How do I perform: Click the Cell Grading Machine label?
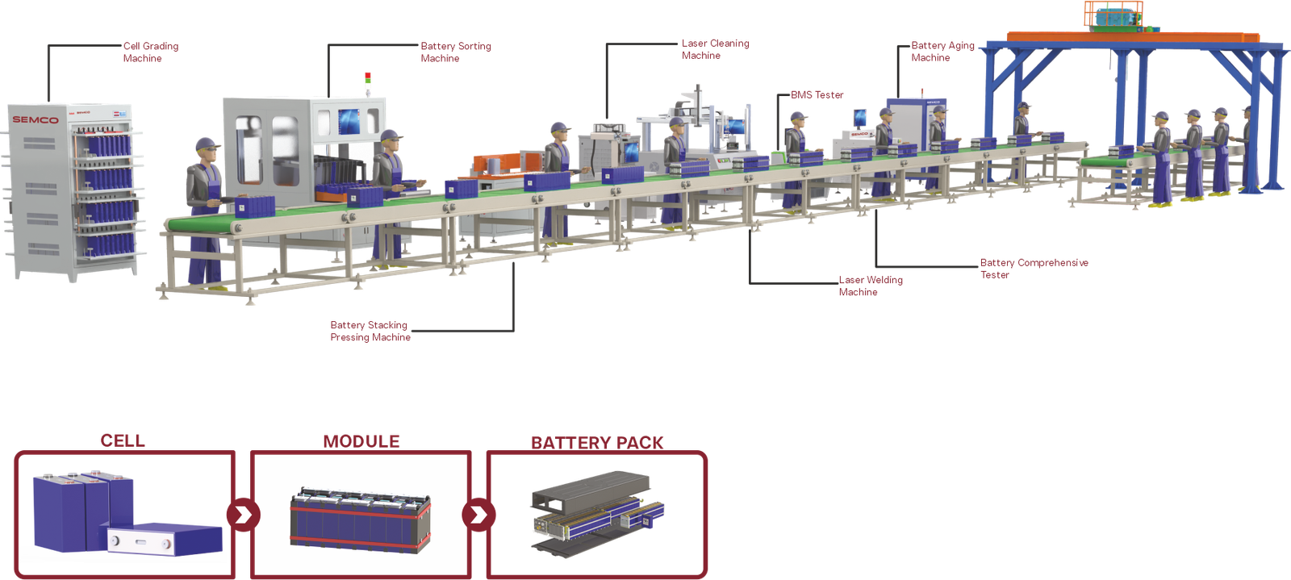click(x=150, y=52)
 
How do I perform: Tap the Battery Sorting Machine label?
click(x=454, y=52)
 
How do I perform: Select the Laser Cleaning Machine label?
click(x=714, y=49)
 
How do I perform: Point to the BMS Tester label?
click(x=816, y=95)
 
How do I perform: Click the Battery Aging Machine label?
click(x=942, y=52)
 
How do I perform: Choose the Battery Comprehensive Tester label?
click(x=1034, y=269)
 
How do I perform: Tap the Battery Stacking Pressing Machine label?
click(x=370, y=331)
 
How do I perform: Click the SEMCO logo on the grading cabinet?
click(x=35, y=120)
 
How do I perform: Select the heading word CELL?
click(x=123, y=440)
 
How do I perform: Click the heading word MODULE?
click(x=361, y=441)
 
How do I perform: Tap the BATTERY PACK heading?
click(x=596, y=443)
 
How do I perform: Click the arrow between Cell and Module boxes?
click(x=243, y=514)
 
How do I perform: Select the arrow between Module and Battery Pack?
click(x=478, y=514)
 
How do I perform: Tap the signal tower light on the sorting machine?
click(x=368, y=81)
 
